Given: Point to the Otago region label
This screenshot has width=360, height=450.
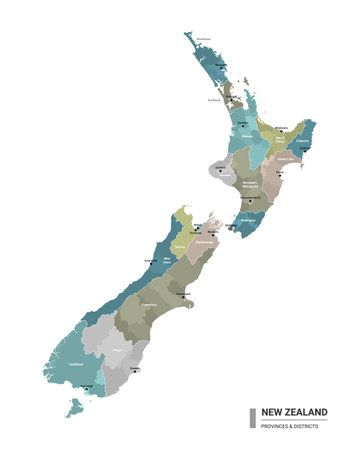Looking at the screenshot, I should (x=119, y=350).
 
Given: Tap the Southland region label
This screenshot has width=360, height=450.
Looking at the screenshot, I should (x=75, y=365).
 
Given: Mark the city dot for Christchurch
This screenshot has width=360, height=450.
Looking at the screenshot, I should (x=182, y=296).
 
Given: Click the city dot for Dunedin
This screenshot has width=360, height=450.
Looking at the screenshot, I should (x=133, y=371).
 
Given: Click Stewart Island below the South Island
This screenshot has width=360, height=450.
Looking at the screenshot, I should (x=73, y=407).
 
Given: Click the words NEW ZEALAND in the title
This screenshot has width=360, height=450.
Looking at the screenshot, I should (x=294, y=412).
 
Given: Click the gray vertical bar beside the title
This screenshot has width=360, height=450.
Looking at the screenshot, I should (x=252, y=417).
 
